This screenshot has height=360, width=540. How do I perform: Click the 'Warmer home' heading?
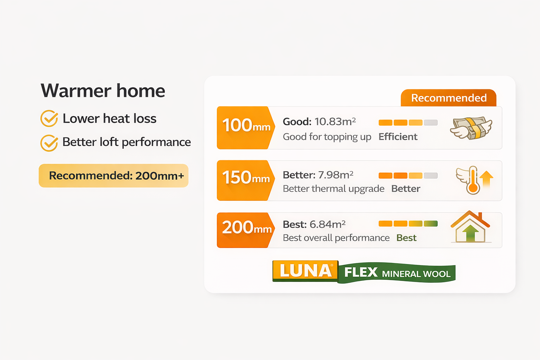[103, 91]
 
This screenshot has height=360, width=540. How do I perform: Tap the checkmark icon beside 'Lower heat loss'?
[49, 118]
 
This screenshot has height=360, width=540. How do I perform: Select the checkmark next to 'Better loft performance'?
[49, 143]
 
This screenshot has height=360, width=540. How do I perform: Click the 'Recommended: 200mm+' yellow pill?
[114, 175]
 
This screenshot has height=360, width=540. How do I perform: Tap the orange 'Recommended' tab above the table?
[449, 98]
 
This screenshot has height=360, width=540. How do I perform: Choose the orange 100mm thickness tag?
[245, 127]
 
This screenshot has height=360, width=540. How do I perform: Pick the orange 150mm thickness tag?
[245, 180]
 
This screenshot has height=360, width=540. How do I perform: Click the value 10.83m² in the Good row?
[335, 121]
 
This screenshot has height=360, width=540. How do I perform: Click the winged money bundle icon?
[471, 128]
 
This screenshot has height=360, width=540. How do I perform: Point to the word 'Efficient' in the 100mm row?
[398, 137]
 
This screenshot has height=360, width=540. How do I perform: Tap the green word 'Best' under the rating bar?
[406, 238]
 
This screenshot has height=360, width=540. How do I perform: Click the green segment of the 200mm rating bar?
[431, 224]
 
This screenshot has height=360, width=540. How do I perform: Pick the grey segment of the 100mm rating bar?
[431, 123]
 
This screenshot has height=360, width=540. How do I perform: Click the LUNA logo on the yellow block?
[306, 271]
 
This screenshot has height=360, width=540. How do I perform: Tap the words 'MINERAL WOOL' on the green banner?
[416, 274]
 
